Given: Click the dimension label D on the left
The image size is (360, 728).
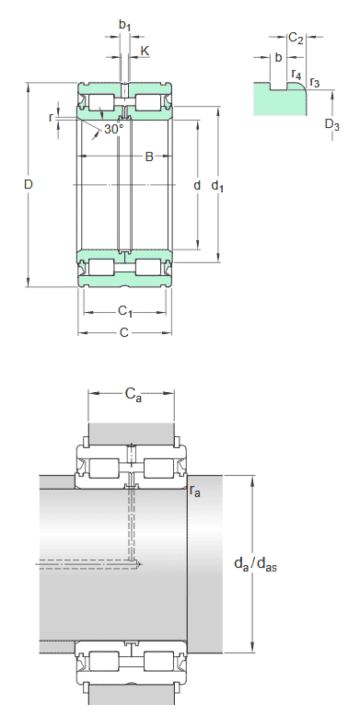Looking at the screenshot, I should point(29,185).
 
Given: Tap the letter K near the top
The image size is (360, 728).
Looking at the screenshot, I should point(145,49).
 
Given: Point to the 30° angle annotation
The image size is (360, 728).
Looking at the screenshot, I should point(113,130).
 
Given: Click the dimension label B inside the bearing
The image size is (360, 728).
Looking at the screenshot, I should point(149,157).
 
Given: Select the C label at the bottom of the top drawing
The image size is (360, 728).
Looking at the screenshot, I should point(123,332).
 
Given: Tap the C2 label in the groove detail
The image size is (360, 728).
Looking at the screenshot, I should point(296,38).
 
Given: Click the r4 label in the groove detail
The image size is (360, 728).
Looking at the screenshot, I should point(296,74).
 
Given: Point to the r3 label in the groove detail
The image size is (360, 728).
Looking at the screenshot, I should point(315,83).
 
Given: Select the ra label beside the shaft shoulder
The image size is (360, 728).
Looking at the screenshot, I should point(195,491).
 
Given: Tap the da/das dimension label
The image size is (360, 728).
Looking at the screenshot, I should point(256,563).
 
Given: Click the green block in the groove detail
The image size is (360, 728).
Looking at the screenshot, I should point(276,101).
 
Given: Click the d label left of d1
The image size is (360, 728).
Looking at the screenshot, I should point(196,186).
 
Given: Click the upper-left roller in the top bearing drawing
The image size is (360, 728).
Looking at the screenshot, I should point(99,100).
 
